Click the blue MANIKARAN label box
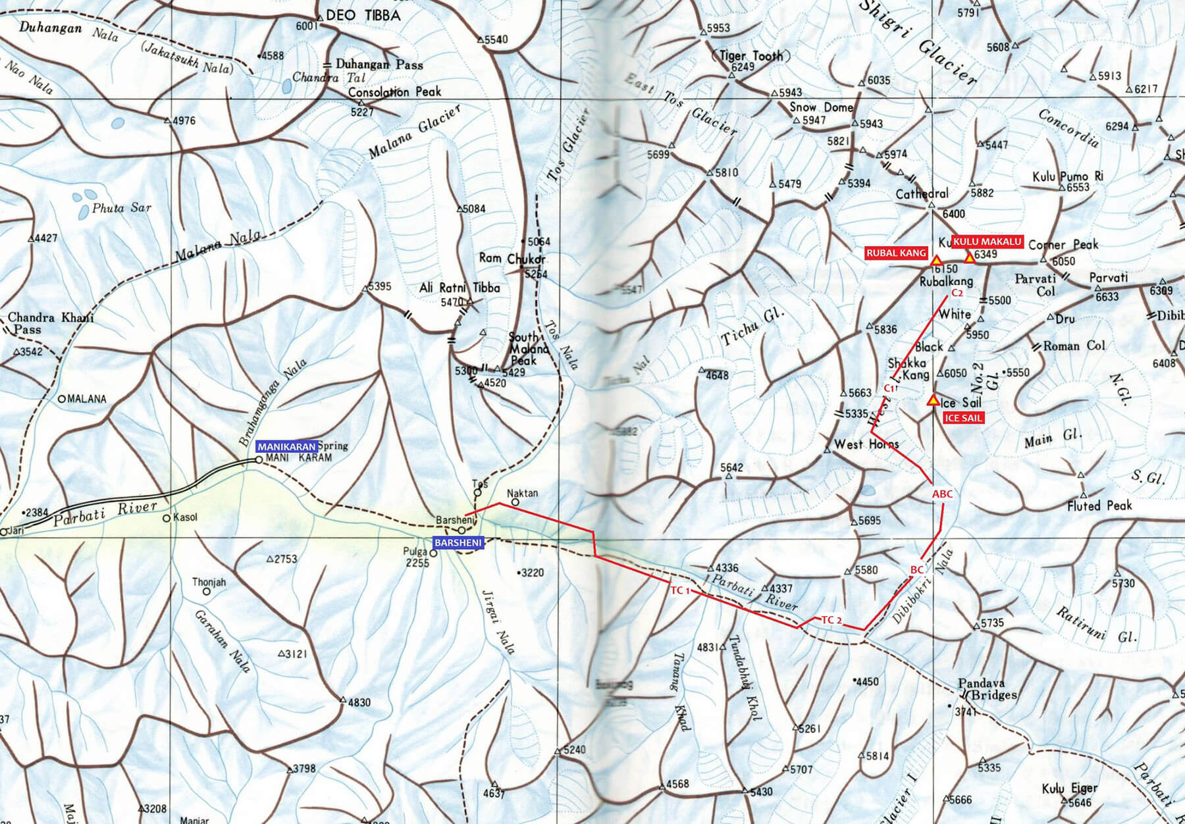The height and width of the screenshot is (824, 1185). point(286,446)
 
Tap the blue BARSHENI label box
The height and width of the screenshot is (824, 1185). point(458,543)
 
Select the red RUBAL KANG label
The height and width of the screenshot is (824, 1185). point(896,253)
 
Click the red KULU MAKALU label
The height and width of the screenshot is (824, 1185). point(987,242)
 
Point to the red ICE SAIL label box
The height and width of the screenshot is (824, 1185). point(963,418)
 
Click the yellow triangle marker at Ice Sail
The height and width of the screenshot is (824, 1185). point(932,400)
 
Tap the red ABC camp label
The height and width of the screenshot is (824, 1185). point(942,494)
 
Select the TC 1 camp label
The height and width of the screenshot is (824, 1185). point(680,590)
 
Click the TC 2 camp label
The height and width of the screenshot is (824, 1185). point(831,620)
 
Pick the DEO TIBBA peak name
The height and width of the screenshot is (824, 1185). point(363,15)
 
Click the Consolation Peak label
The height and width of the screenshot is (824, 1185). point(394,92)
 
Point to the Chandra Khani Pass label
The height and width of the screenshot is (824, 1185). point(49,323)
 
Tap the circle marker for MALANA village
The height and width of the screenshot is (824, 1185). point(63,398)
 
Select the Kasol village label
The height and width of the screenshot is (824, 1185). point(185,517)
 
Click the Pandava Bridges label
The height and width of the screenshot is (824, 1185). point(988,689)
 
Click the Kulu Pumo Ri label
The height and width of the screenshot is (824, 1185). point(1067,176)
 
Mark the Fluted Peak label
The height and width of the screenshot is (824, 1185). point(1099,505)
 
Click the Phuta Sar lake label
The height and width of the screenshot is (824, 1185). point(121,208)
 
